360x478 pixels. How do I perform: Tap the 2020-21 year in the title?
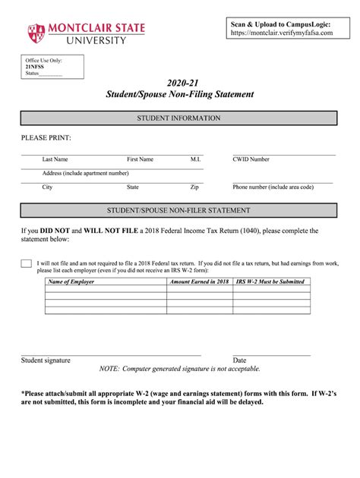tap(178, 82)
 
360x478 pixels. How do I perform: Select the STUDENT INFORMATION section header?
tap(178, 118)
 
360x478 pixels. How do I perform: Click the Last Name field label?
tap(55, 159)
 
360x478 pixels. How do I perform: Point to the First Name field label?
tap(140, 159)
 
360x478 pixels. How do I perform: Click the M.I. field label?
tap(195, 159)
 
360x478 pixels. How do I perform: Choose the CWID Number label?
tap(251, 159)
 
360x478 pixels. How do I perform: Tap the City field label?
tap(48, 187)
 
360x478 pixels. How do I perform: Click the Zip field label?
tap(194, 187)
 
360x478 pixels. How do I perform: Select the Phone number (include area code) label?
tap(273, 187)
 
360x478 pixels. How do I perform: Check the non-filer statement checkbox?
tap(27, 263)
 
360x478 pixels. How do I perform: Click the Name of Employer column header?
tap(71, 281)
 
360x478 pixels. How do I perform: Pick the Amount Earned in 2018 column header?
tap(199, 281)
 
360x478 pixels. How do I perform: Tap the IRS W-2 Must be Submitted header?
tap(270, 281)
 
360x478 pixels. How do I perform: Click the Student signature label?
tap(46, 360)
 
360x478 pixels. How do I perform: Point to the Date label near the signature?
tap(239, 360)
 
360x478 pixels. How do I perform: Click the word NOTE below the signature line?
tap(108, 369)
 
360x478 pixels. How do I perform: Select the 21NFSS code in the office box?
tap(35, 67)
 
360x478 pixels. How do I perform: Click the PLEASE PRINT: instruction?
tap(46, 138)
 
